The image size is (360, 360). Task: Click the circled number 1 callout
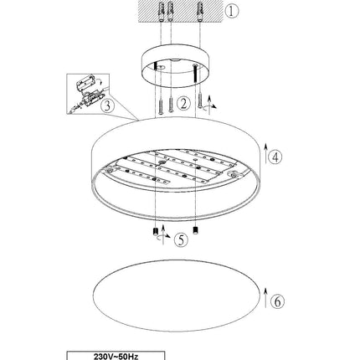pos(232,11)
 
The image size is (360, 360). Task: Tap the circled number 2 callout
pos(183,103)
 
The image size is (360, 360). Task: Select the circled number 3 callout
pos(107,106)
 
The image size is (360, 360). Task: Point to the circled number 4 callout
pos(275,157)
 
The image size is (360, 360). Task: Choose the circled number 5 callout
pos(181,239)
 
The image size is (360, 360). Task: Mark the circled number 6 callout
pos(277,301)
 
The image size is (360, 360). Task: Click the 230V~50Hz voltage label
pos(116,357)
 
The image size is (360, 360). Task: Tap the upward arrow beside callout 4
pos(265,153)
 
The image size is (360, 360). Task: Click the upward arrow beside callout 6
pos(265,298)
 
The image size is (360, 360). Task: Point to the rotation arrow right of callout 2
pos(209,105)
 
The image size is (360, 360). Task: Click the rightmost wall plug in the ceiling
pos(200,12)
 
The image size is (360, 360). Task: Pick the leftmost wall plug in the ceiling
pos(162,12)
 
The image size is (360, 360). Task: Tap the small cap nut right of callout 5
pos(196,231)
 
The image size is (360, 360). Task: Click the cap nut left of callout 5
pos(156,232)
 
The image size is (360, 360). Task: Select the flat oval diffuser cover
pos(177,296)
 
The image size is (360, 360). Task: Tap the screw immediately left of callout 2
pos(171,105)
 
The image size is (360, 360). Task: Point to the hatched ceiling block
pos(181,11)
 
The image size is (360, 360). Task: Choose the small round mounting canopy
pos(176,65)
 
